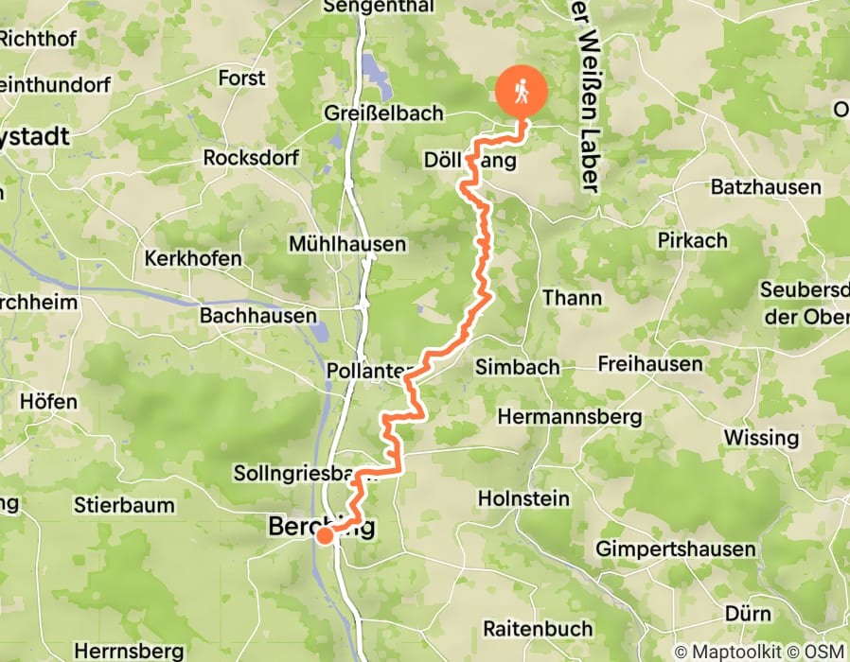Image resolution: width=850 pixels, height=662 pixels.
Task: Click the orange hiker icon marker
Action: [x=522, y=92]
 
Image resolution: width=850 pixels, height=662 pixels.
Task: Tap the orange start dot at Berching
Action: [x=324, y=536]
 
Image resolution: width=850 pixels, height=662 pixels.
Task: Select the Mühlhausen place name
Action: [x=348, y=244]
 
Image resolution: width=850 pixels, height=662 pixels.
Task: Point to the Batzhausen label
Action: [x=766, y=187]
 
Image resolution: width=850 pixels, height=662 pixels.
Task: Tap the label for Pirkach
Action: [x=694, y=240]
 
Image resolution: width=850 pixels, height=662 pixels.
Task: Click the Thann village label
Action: [x=572, y=298]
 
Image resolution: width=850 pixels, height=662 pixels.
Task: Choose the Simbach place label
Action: [x=518, y=367]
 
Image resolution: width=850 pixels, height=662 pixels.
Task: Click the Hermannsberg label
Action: [x=570, y=416]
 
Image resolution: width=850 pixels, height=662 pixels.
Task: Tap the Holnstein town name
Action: [x=524, y=497]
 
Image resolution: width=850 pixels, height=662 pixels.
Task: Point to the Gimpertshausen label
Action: [x=676, y=549]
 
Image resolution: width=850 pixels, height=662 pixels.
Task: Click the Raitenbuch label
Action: [x=538, y=628]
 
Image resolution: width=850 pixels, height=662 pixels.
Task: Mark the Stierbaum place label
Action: [x=124, y=505]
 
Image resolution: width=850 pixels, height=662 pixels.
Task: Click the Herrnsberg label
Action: [x=128, y=651]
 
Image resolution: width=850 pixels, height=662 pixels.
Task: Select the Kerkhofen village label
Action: [x=193, y=258]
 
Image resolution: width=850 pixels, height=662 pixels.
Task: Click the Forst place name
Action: [x=242, y=78]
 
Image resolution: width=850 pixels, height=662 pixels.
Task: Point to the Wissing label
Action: [x=761, y=437]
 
